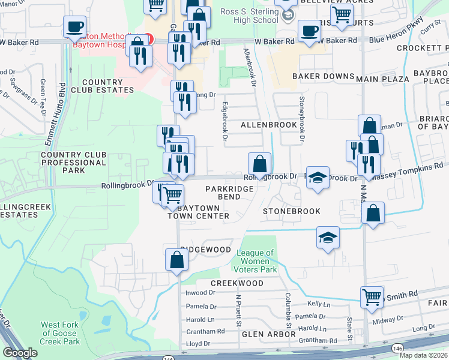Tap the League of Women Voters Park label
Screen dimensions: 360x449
(256, 262)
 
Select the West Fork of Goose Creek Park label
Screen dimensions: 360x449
(60, 333)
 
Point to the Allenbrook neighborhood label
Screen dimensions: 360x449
(268, 125)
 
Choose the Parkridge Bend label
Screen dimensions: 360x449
(227, 193)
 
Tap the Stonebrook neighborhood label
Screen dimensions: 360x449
(291, 211)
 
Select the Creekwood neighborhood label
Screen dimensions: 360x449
(237, 283)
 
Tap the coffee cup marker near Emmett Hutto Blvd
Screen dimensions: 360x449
(75, 27)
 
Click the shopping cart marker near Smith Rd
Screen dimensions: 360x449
(372, 296)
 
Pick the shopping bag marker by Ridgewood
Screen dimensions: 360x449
(176, 260)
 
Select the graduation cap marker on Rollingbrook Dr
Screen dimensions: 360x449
(318, 177)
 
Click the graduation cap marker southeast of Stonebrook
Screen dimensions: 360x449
(328, 238)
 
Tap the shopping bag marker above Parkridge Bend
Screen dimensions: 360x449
(260, 163)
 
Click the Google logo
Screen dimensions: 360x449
(20, 353)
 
